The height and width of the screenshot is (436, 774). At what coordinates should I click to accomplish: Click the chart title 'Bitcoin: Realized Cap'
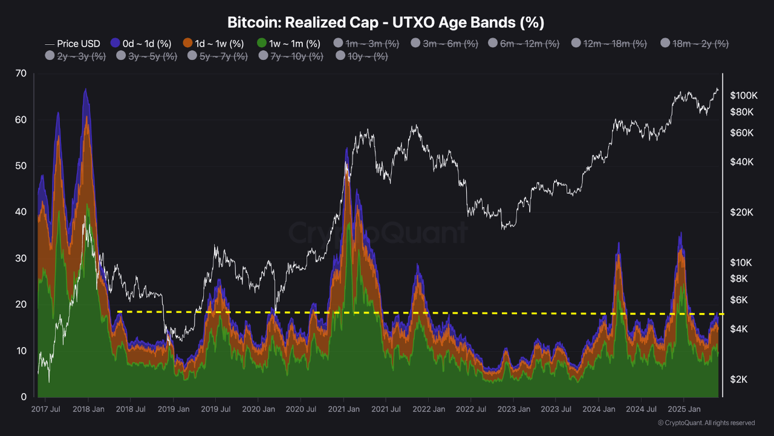point(386,22)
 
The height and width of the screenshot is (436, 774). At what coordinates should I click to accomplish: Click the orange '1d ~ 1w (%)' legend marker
point(187,44)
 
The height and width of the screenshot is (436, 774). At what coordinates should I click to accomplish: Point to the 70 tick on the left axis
point(21,74)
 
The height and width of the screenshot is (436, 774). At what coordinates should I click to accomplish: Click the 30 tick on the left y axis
point(21,259)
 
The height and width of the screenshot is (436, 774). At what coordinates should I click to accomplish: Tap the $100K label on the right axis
point(744,96)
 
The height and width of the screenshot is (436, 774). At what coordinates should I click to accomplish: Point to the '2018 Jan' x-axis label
point(88,409)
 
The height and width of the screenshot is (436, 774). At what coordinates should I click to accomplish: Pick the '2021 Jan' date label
point(343,409)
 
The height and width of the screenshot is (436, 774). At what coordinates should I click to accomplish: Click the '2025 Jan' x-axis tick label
point(683,409)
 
